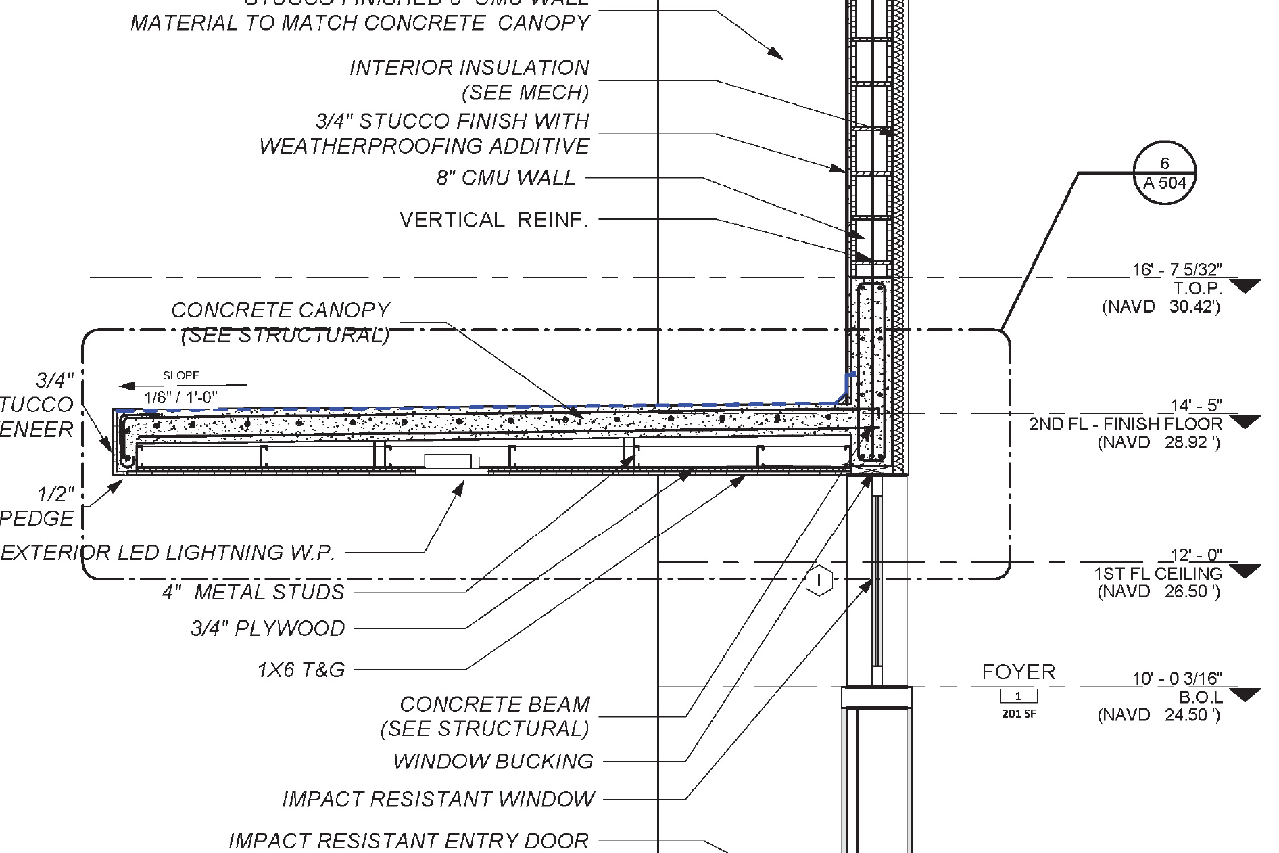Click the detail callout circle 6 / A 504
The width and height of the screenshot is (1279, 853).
click(1164, 172)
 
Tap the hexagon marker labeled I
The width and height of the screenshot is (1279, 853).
click(819, 580)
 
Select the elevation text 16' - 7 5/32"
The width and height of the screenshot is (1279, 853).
click(1177, 270)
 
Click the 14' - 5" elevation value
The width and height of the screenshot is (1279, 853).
click(1196, 405)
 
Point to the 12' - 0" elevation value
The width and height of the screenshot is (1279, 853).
click(1195, 555)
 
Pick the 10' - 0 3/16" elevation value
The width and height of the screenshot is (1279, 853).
click(1177, 678)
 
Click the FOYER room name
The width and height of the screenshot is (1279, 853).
click(1018, 672)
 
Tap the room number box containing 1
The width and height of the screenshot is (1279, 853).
click(1018, 696)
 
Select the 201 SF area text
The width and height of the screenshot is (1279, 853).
click(1018, 714)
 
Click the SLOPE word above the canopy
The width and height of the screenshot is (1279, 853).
click(181, 375)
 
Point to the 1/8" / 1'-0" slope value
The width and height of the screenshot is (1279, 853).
click(181, 397)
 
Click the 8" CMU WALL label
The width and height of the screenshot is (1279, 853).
click(506, 178)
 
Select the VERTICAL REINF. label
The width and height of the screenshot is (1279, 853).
click(493, 220)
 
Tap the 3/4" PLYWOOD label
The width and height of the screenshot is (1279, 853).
click(268, 628)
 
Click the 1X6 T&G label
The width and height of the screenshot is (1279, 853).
click(301, 670)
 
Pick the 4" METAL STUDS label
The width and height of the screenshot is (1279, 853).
click(253, 593)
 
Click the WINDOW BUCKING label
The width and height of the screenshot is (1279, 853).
click(493, 761)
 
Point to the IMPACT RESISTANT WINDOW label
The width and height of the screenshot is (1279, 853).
click(438, 799)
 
